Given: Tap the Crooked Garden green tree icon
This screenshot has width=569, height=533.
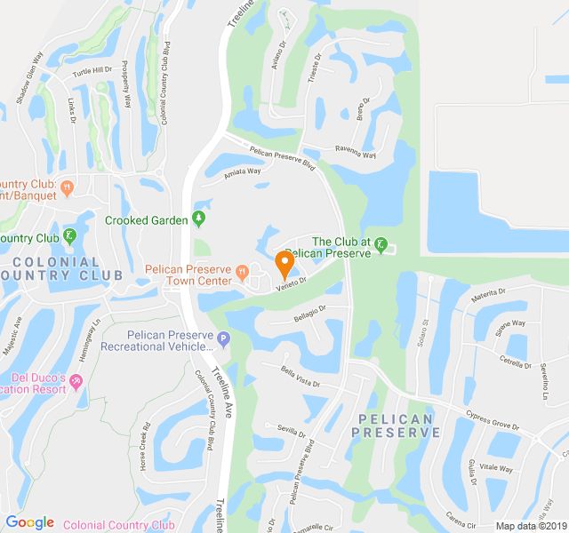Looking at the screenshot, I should coord(199,219).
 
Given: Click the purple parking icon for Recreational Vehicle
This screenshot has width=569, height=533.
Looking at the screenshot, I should coord(224,338).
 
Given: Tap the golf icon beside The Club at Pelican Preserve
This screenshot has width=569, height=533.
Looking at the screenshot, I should coord(381,244).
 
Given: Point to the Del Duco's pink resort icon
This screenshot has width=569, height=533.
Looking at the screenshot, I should coord(76,382).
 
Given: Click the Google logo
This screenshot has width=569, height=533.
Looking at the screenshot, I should coord(29,522).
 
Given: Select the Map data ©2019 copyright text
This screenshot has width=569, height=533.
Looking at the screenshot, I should coord(530,526).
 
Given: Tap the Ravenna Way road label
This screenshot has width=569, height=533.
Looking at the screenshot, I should coord(355,152).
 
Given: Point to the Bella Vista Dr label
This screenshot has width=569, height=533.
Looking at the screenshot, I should coord(301,378).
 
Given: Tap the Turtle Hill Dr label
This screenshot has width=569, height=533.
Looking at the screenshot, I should coord(92,70).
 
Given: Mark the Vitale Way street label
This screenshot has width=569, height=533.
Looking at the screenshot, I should coord(496,468).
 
